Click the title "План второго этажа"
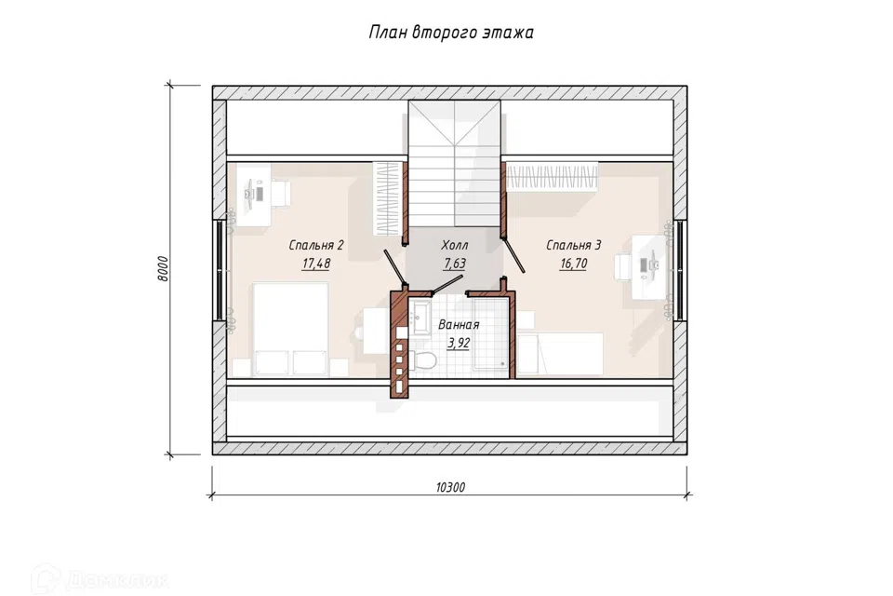tap(451, 32)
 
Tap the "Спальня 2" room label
tap(316, 245)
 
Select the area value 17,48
tap(316, 264)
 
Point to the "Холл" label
tap(455, 245)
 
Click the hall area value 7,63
tap(455, 264)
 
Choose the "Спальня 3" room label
tap(574, 245)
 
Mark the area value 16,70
tap(574, 264)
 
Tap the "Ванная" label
tap(459, 324)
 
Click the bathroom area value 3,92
tap(459, 343)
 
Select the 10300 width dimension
tap(450, 487)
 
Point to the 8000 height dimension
tap(163, 268)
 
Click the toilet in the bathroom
tap(422, 360)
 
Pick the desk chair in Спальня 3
tap(623, 268)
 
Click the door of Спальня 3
tap(513, 255)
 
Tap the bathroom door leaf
tap(447, 284)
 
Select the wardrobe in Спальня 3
tap(552, 177)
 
